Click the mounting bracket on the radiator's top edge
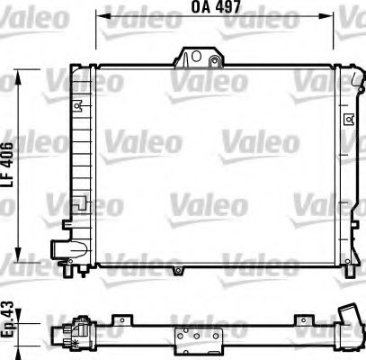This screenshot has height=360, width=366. click(x=199, y=58)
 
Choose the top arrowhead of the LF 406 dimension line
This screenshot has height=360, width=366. click(x=24, y=67)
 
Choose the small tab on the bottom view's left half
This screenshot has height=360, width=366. click(x=118, y=319)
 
